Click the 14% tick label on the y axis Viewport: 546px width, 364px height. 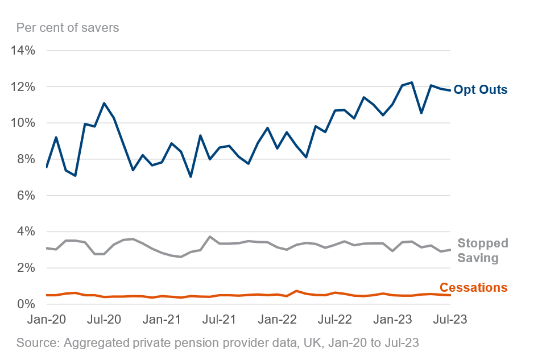23,51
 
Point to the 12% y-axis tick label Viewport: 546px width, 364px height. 23,87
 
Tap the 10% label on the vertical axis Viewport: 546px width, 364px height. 23,123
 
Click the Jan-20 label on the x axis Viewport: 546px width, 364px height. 47,320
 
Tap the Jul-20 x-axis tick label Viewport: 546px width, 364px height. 105,320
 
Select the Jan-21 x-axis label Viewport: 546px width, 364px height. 163,320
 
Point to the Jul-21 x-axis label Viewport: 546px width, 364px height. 220,320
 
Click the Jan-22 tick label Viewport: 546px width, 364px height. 278,320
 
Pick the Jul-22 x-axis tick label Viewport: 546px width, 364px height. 335,320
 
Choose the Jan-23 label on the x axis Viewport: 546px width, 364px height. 393,320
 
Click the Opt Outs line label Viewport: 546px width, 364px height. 481,90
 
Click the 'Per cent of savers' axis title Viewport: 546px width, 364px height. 68,27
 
